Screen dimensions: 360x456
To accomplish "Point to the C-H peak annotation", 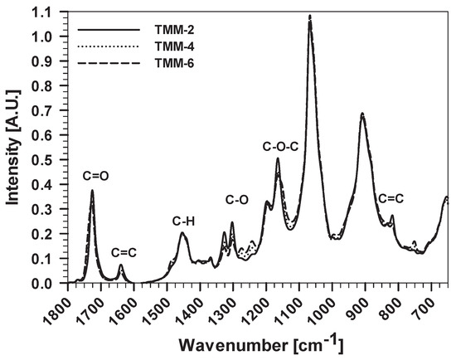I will pos(185,221).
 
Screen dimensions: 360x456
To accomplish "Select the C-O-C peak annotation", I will pos(280,147).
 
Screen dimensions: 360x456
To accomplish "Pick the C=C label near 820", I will pos(391,198).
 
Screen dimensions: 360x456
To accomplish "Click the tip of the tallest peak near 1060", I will pos(310,17).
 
